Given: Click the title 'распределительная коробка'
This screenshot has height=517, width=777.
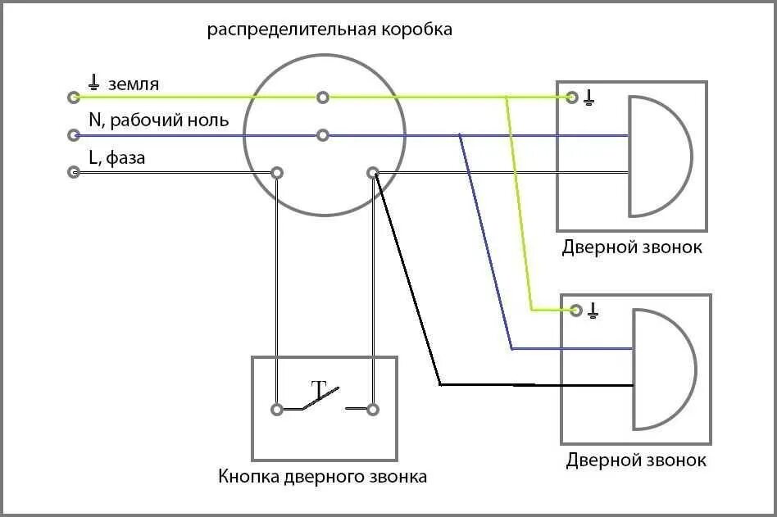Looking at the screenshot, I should click(x=329, y=30).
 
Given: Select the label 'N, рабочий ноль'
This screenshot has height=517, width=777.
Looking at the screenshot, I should click(x=159, y=120).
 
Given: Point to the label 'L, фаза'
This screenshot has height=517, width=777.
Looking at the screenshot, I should click(x=117, y=157).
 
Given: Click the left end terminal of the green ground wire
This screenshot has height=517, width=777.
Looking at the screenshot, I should click(x=74, y=98).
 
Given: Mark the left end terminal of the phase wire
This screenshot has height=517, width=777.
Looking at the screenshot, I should click(x=74, y=173).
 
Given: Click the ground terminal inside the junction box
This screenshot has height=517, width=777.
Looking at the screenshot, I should click(x=323, y=98).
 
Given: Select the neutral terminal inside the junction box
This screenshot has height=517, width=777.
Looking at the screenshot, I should click(x=323, y=134).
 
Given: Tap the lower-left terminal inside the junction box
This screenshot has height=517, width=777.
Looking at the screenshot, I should click(x=278, y=173).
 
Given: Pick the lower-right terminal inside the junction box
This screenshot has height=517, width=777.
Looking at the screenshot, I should click(x=373, y=173).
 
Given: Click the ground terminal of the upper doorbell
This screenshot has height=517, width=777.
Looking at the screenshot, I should click(x=573, y=98).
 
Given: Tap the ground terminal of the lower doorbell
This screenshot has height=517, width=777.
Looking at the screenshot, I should click(x=575, y=310).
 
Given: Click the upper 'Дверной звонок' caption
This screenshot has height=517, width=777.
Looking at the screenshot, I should click(x=632, y=247).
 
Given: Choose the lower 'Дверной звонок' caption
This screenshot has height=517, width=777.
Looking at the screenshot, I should click(x=636, y=460).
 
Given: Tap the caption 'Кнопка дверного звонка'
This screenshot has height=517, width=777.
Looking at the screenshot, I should click(x=323, y=476).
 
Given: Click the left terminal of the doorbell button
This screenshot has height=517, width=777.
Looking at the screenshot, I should click(x=278, y=409).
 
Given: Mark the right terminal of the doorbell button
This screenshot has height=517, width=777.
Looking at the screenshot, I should click(x=373, y=409).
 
